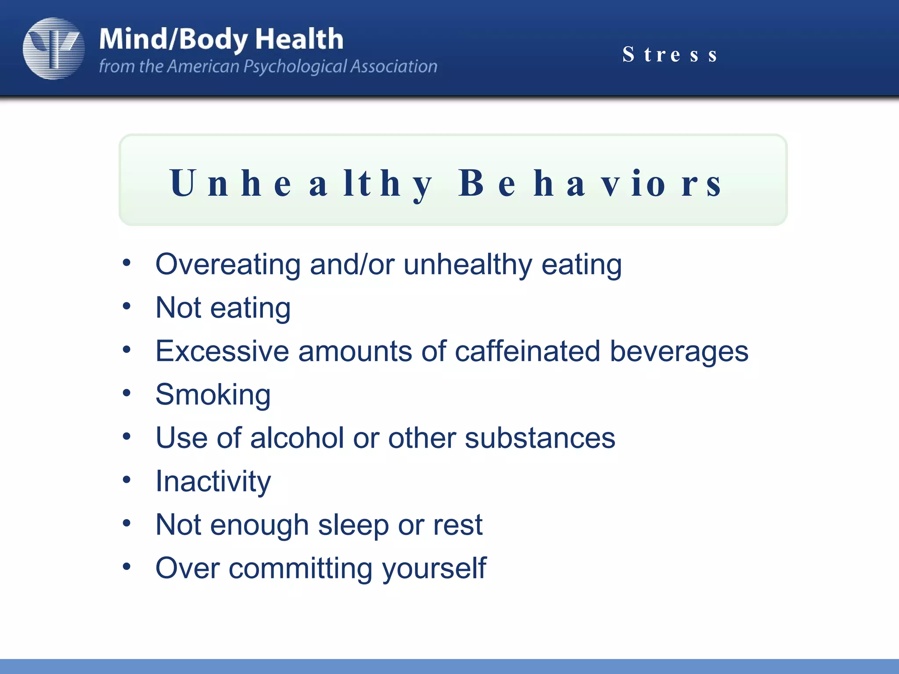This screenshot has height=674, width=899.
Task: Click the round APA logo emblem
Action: point(54,49)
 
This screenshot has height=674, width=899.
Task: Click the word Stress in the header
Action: point(670,55)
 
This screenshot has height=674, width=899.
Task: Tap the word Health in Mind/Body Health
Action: point(299,39)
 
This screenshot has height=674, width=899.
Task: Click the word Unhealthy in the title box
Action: point(301,183)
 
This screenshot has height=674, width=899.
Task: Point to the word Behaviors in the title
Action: point(590,183)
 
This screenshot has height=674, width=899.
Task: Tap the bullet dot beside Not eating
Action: point(127,306)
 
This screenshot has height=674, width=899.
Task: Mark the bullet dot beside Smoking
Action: point(127,393)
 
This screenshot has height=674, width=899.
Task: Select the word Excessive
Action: point(222,351)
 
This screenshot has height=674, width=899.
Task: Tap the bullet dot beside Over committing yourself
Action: point(127,566)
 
